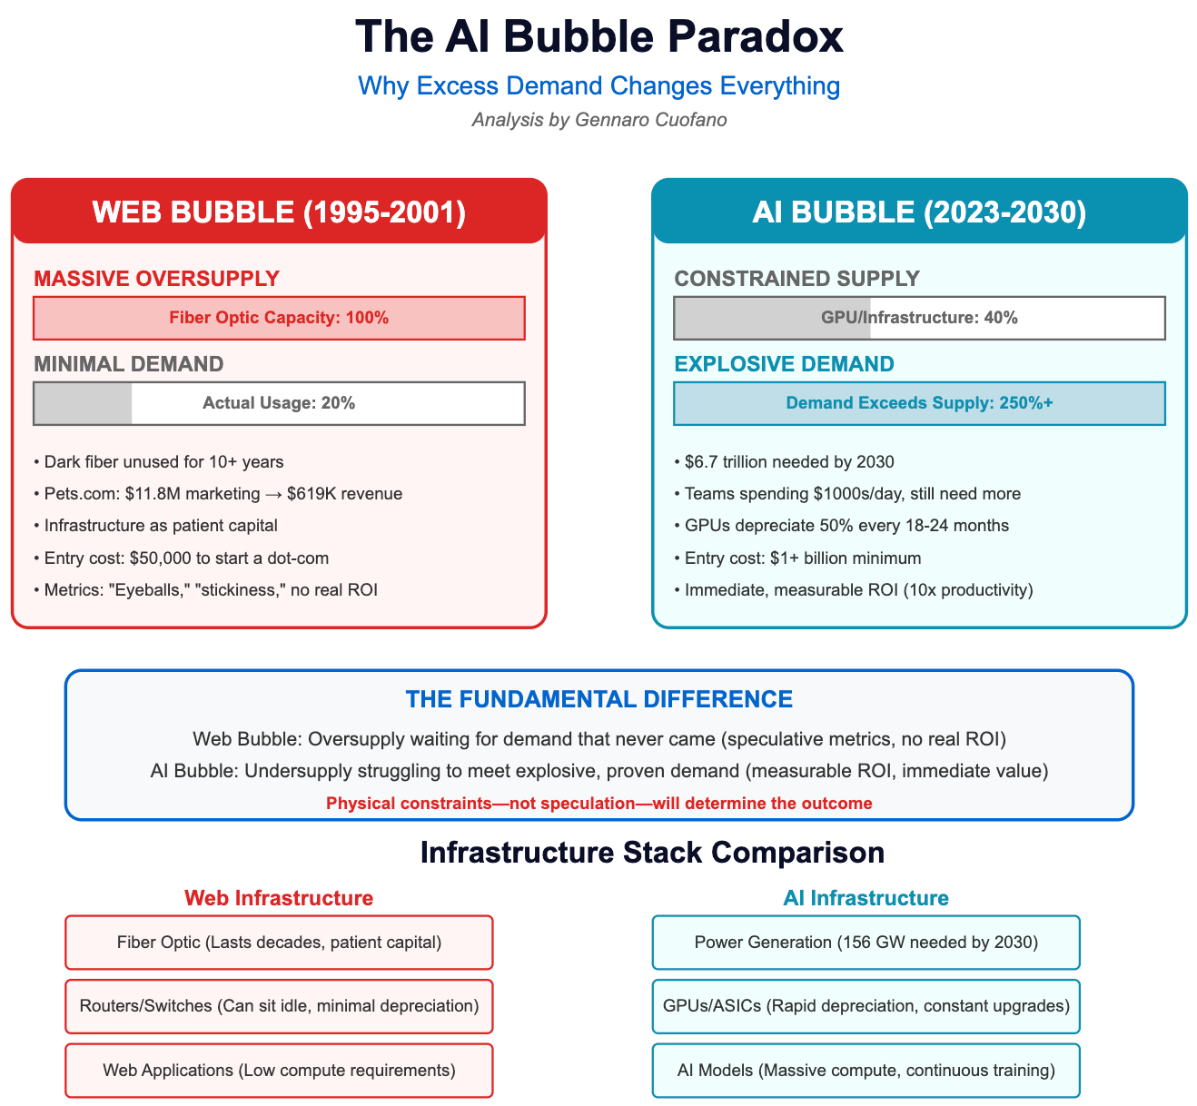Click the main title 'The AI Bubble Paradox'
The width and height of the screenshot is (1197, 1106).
click(x=598, y=38)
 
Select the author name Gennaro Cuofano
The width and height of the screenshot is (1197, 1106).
click(x=651, y=120)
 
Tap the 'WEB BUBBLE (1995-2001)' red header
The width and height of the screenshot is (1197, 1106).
click(x=279, y=212)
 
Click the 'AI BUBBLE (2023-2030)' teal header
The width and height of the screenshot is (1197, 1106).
click(x=919, y=212)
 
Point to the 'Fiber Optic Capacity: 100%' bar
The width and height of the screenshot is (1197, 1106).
click(x=279, y=318)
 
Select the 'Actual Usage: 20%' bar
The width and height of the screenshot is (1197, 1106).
click(x=279, y=403)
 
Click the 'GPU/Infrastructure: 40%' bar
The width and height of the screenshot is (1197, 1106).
click(x=919, y=318)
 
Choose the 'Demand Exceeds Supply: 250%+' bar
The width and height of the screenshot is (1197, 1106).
click(x=919, y=403)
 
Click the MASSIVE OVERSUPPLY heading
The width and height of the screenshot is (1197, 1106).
click(x=156, y=279)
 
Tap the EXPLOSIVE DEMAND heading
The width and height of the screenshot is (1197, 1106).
click(x=784, y=364)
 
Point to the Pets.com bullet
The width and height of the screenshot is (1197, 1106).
click(x=223, y=494)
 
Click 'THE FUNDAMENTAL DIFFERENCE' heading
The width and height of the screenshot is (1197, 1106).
click(x=598, y=699)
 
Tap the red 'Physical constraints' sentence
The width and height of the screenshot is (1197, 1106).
click(x=598, y=804)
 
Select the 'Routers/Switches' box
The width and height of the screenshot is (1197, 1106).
click(x=279, y=1006)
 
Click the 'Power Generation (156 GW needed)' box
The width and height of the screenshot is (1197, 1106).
click(x=866, y=943)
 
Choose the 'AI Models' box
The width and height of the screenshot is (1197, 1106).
click(x=866, y=1071)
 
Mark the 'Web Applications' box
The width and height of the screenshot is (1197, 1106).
click(x=279, y=1071)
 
